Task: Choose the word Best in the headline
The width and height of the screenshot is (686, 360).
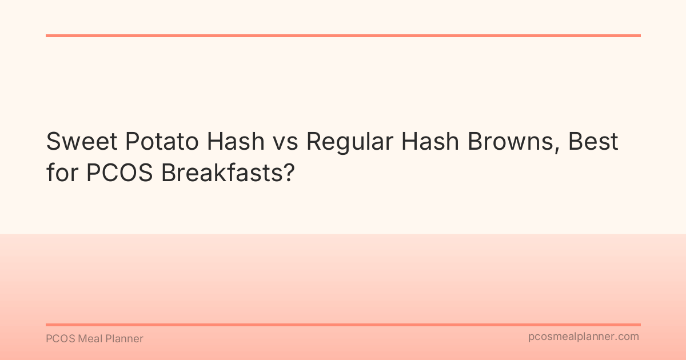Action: [593, 142]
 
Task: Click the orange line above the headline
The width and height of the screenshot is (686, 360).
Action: [343, 35]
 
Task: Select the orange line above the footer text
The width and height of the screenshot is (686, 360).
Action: [343, 325]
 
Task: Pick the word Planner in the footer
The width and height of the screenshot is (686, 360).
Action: [125, 339]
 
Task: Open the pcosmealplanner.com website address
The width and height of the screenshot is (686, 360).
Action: [584, 337]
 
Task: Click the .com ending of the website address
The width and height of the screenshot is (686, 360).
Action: [628, 337]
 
